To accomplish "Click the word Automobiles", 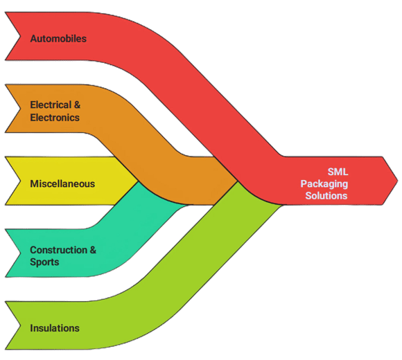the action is tap(58, 39).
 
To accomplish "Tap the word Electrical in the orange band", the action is tap(51, 105).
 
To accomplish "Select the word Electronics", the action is tap(55, 118).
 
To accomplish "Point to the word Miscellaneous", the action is tap(62, 184).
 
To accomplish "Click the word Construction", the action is tap(58, 250).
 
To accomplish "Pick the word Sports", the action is tap(44, 262).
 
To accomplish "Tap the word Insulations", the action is tap(55, 328).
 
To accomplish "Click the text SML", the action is tap(338, 172).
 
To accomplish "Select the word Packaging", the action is tap(324, 184).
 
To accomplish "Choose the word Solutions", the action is tap(326, 196).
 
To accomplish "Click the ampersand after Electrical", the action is tap(77, 105).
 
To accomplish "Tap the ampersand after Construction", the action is tap(93, 250).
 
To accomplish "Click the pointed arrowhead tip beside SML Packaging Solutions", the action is tap(398, 181).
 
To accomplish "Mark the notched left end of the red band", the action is tap(20, 36).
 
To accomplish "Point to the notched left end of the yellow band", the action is tap(20, 181).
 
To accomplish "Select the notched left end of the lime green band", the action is tap(20, 325).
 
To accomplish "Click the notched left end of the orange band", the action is tap(20, 109).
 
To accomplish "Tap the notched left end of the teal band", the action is tap(20, 253).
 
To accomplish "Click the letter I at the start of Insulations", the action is tap(31, 328).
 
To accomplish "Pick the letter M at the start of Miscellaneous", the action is tap(35, 184).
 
